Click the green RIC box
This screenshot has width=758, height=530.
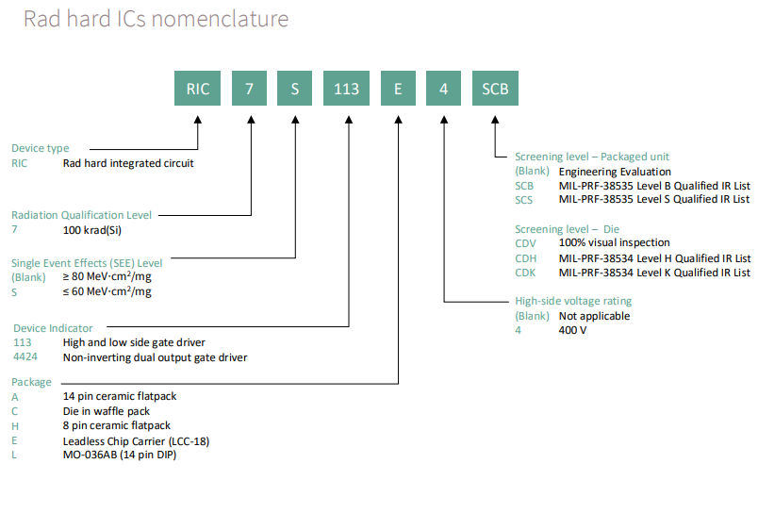tap(198, 89)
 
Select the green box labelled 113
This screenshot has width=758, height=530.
tap(347, 89)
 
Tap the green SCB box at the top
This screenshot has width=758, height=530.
tap(495, 89)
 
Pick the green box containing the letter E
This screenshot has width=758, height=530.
tap(398, 89)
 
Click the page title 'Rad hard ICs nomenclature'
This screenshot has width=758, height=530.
tap(157, 19)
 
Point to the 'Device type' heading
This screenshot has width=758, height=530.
tap(40, 148)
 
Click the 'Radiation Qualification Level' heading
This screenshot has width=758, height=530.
tap(81, 215)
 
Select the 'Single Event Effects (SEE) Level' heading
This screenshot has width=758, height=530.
tap(87, 263)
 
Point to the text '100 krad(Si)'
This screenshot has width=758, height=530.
tap(93, 230)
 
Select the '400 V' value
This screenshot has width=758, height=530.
tap(574, 331)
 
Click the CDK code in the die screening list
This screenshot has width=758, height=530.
tap(525, 273)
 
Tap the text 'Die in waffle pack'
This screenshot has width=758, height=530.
tap(106, 411)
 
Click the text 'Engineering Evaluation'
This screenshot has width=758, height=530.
tap(615, 172)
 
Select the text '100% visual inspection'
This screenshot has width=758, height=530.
tap(614, 243)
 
